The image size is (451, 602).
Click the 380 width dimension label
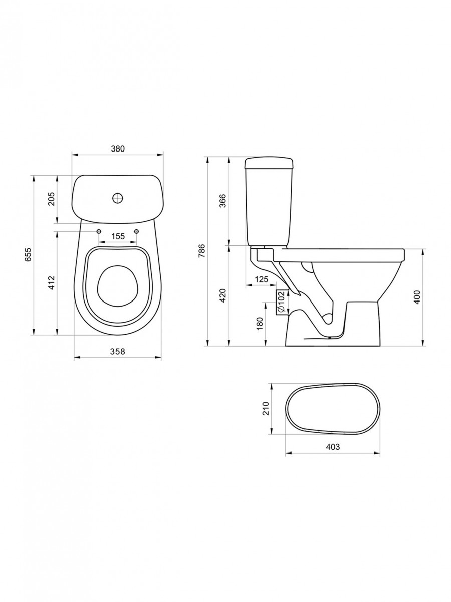pos(118,149)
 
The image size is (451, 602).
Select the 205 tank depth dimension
pos(52,199)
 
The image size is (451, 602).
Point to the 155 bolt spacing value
pos(118,236)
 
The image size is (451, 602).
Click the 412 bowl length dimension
pos(52,283)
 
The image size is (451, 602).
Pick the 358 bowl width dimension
pos(118,351)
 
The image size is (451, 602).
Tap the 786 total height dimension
pos(202,250)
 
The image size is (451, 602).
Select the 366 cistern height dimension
pos(223,201)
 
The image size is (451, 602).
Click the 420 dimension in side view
pos(223,295)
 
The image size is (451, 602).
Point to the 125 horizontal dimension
pos(261,279)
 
